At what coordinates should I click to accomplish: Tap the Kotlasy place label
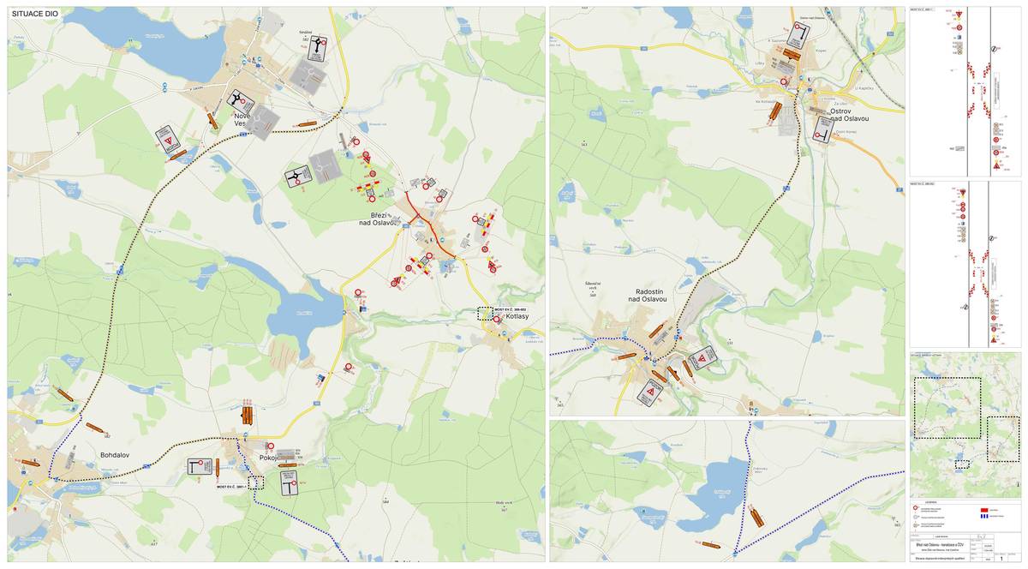click(517, 317)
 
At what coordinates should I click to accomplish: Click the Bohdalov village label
click(114, 455)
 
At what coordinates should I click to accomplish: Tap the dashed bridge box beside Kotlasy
click(486, 313)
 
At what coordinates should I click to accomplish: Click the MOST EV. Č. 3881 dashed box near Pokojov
click(255, 482)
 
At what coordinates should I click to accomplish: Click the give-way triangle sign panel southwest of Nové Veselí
click(168, 139)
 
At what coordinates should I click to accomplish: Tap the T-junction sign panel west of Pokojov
click(200, 467)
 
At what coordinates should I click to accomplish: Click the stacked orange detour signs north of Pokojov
click(248, 415)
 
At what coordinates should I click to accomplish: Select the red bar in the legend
click(983, 508)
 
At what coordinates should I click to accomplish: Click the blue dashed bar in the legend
click(983, 516)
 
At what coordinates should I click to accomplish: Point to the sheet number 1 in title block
click(1001, 558)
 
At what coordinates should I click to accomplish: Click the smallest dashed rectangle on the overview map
click(962, 464)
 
